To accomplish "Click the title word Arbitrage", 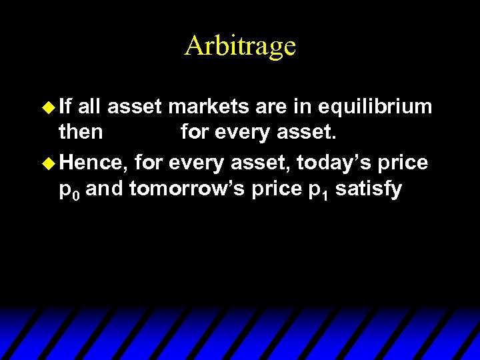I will pos(240,46).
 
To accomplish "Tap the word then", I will pos(81,133).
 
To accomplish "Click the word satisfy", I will pos(369,190).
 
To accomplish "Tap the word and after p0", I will pos(105,189).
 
